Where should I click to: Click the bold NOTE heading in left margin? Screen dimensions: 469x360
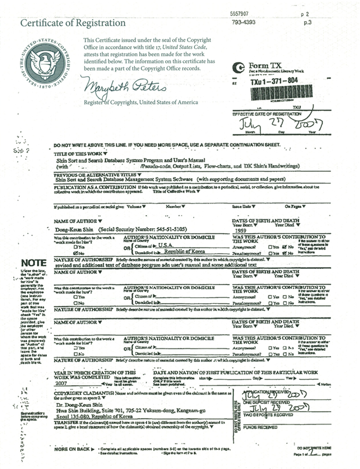(33, 263)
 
